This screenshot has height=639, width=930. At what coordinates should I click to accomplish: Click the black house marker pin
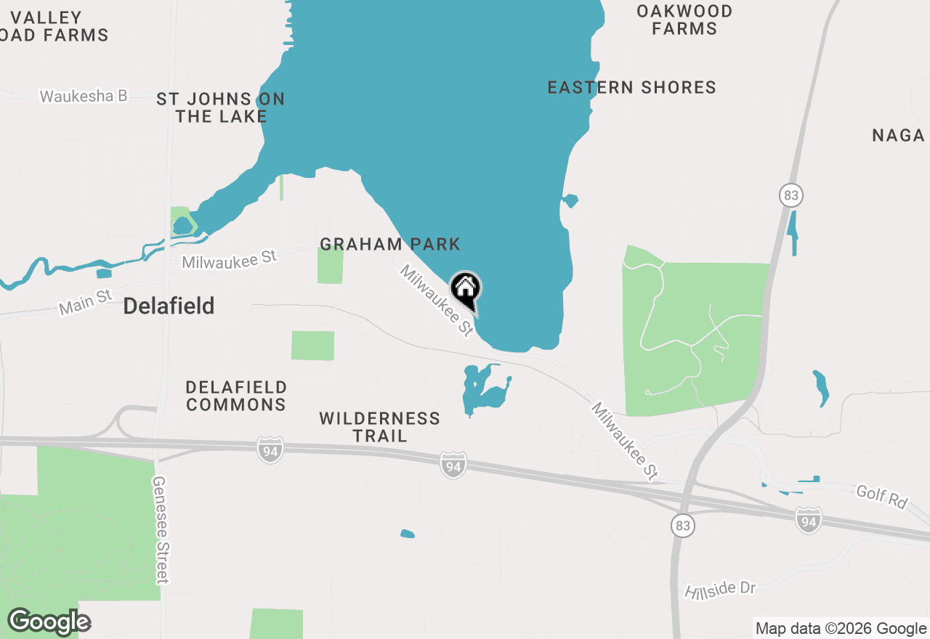click(466, 288)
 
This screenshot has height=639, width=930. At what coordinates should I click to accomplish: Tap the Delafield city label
click(169, 306)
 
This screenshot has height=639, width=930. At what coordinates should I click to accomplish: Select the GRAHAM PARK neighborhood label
click(390, 244)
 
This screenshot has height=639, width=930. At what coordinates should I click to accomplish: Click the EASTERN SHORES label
click(631, 88)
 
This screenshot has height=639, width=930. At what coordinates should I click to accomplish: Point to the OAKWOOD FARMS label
click(684, 20)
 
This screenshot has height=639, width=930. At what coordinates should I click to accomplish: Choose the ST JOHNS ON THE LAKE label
click(220, 107)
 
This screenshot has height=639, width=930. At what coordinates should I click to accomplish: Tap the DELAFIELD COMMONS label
click(236, 396)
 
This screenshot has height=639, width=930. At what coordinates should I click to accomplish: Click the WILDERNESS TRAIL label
click(379, 427)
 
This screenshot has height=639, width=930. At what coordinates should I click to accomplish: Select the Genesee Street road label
click(161, 530)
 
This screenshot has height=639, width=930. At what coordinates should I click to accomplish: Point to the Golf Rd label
click(882, 497)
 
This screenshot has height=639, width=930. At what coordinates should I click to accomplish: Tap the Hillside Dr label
click(720, 590)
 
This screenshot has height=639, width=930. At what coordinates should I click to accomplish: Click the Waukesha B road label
click(84, 96)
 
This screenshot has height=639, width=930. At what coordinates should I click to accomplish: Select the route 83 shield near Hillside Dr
click(682, 526)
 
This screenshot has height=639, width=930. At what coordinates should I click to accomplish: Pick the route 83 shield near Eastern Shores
click(791, 195)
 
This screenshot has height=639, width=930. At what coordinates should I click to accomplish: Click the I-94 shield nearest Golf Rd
click(808, 520)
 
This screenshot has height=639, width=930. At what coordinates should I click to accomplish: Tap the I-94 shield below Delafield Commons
click(270, 451)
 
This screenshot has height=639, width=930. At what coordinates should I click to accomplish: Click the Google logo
click(49, 622)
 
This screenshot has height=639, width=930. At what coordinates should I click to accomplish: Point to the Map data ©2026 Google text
click(841, 629)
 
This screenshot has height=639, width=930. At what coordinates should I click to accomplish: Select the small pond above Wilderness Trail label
click(483, 390)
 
